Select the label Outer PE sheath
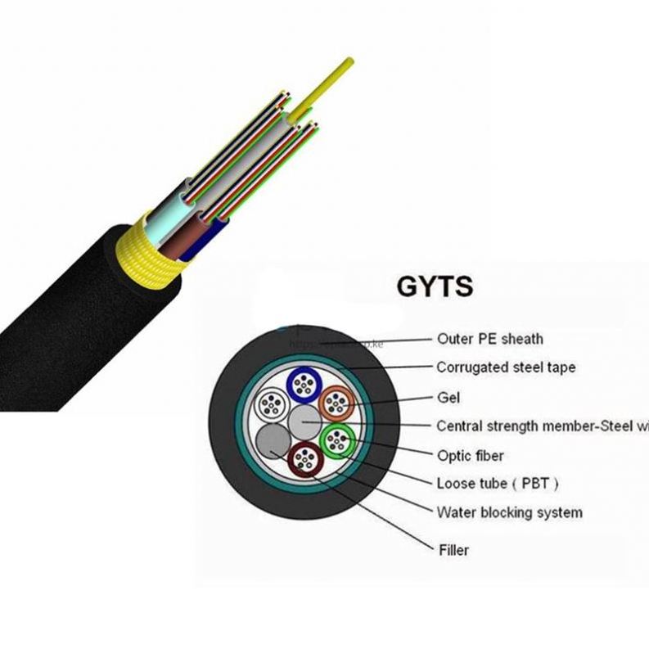(489, 338)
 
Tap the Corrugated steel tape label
(505, 367)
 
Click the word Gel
(448, 398)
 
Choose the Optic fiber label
(470, 455)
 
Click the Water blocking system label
(509, 512)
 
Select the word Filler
(453, 550)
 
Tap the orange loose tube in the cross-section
(336, 403)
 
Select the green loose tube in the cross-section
(336, 442)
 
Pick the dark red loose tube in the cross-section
(304, 461)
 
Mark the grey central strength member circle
(304, 422)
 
